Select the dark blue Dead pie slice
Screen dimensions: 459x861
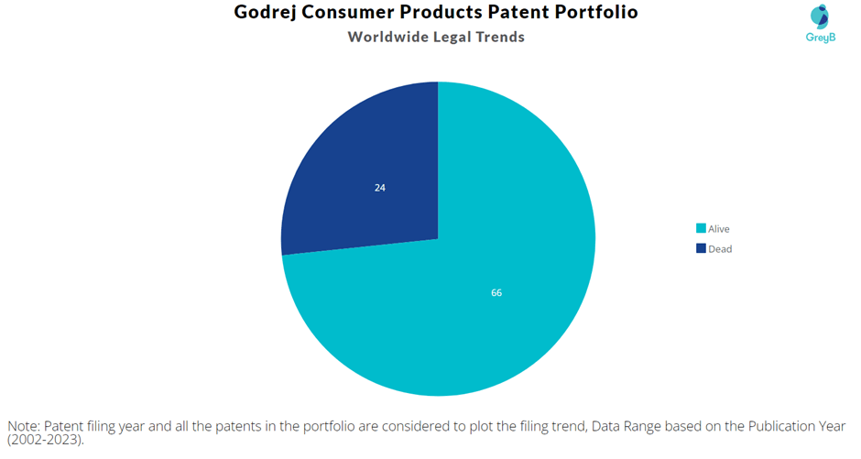[366, 174]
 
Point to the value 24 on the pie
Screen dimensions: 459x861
[379, 188]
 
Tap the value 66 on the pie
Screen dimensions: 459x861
[496, 293]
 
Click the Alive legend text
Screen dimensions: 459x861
[719, 228]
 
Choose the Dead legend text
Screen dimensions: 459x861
[720, 248]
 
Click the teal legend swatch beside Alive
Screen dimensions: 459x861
[701, 228]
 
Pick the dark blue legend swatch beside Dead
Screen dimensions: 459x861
[701, 248]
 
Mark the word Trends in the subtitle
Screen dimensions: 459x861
[497, 37]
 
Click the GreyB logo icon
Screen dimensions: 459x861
[819, 16]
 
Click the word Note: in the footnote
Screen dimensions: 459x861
[24, 426]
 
